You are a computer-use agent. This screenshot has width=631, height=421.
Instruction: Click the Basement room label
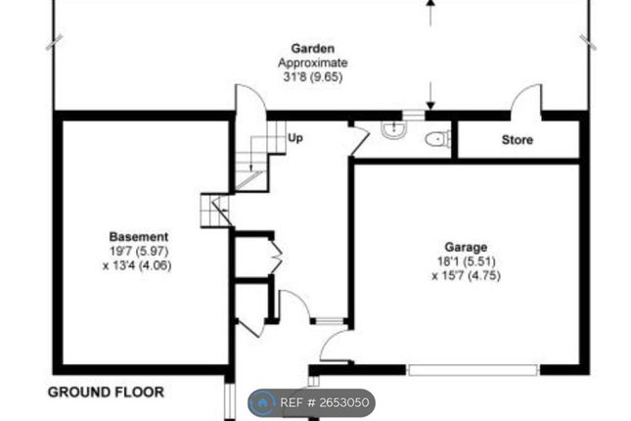pos(139,237)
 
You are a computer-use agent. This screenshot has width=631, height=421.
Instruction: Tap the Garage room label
pos(466,247)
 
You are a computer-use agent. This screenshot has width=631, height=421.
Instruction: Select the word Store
pos(518,140)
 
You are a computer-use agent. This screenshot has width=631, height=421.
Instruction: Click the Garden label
pos(313,48)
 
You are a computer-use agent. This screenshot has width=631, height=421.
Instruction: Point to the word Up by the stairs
pos(295,138)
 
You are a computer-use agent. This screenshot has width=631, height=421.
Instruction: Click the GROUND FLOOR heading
pos(106,392)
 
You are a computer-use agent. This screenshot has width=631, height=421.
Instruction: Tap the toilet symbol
pos(438,139)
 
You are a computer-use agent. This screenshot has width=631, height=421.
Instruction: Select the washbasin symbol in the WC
pos(393,129)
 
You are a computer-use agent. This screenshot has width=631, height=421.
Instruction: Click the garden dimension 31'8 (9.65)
pos(313,76)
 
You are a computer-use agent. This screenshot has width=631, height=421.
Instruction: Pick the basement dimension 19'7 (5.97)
pos(139,252)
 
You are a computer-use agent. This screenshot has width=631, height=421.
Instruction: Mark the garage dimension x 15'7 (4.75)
pos(466,276)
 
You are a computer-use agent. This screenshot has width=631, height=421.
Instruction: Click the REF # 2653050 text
pos(325,402)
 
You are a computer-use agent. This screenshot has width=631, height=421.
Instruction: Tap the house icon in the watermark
pos(262,402)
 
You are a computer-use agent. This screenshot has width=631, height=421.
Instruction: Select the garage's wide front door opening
pos(473,370)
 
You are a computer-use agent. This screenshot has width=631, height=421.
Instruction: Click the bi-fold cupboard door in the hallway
pos(278,257)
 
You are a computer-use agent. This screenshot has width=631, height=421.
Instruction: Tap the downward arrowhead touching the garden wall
pos(430,106)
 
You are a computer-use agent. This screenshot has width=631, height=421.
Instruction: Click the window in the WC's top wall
pos(413,116)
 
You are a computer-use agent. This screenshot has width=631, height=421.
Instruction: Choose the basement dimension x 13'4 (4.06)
pos(137,266)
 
